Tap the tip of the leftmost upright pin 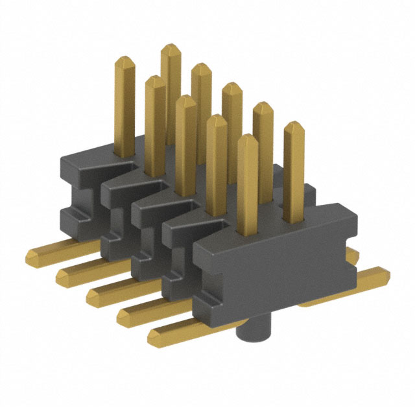coord(124,60)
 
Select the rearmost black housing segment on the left coord(78,188)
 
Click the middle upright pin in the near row coord(185,130)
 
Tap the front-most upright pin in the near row coord(247,182)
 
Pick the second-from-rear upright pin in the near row coord(154,117)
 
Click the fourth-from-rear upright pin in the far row coord(263,130)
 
